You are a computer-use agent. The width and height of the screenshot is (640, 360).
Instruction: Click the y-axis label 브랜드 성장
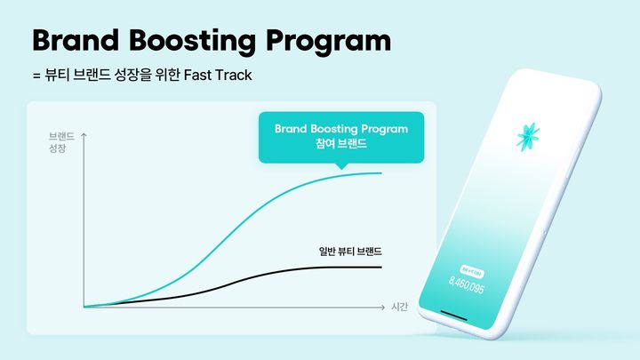click(60, 145)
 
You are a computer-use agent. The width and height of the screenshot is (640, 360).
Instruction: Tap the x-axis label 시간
click(398, 307)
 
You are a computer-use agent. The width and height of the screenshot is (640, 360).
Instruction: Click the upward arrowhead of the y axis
click(83, 134)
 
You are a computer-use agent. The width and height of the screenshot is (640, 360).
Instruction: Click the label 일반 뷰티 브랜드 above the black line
click(356, 251)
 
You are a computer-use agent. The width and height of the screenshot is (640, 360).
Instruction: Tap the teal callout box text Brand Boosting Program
click(341, 129)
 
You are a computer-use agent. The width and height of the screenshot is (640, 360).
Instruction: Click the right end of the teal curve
click(381, 173)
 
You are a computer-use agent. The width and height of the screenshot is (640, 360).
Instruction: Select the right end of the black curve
click(381, 267)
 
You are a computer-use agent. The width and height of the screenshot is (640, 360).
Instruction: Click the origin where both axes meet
click(83, 307)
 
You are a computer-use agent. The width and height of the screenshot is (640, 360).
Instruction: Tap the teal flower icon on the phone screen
click(528, 138)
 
